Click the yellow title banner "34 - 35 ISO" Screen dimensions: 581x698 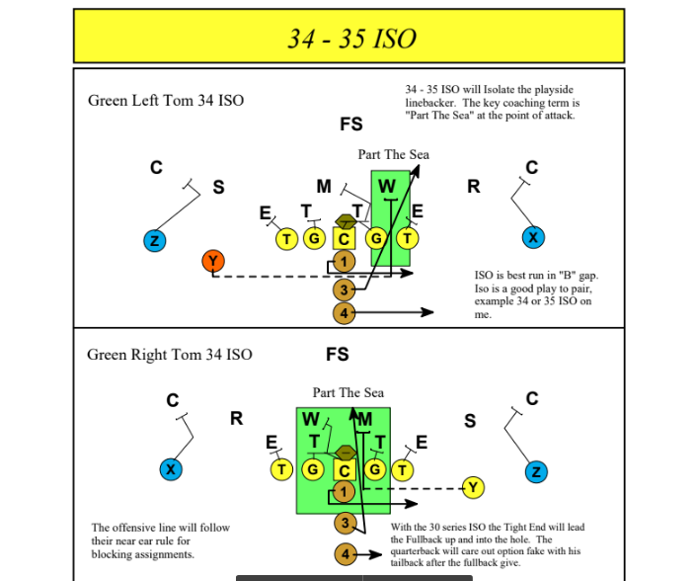tap(349, 37)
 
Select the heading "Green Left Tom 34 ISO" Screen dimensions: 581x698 tap(166, 101)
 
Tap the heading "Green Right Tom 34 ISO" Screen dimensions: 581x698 tap(170, 355)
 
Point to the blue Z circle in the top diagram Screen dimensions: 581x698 tap(154, 239)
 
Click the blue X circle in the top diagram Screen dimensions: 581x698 tap(533, 238)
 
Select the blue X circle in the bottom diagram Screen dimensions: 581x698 tap(172, 469)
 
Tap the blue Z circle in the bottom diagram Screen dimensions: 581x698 tap(536, 471)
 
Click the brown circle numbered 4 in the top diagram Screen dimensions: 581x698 tap(344, 313)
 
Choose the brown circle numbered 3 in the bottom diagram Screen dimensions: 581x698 tap(345, 523)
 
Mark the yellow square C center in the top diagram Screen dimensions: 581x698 tap(344, 238)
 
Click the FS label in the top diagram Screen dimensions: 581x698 tap(350, 124)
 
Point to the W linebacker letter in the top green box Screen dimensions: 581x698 tap(387, 186)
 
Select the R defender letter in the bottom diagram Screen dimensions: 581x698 tap(237, 418)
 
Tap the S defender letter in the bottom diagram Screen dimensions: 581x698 tap(470, 421)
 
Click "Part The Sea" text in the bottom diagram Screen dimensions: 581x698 tap(349, 392)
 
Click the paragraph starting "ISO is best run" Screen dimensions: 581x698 tap(533, 294)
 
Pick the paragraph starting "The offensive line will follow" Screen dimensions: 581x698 tap(161, 540)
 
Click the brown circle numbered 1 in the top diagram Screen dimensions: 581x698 tap(344, 261)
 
